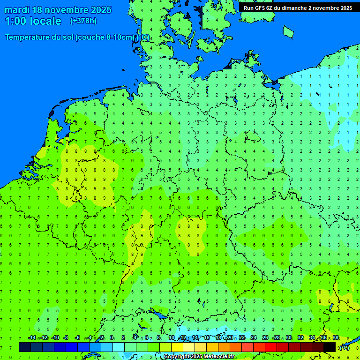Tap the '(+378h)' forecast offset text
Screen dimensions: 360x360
[83, 21]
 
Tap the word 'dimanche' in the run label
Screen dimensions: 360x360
[294, 8]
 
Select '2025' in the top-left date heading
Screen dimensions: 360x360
[101, 10]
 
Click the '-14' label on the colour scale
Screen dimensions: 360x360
[32, 338]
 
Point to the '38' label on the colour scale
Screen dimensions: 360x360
[336, 338]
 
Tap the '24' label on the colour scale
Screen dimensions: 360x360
[254, 338]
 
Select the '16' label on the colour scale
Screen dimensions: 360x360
[207, 338]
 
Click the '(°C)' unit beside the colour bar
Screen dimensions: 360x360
[344, 348]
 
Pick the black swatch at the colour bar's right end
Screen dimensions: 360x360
[330, 347]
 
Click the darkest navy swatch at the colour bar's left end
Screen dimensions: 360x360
[25, 347]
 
